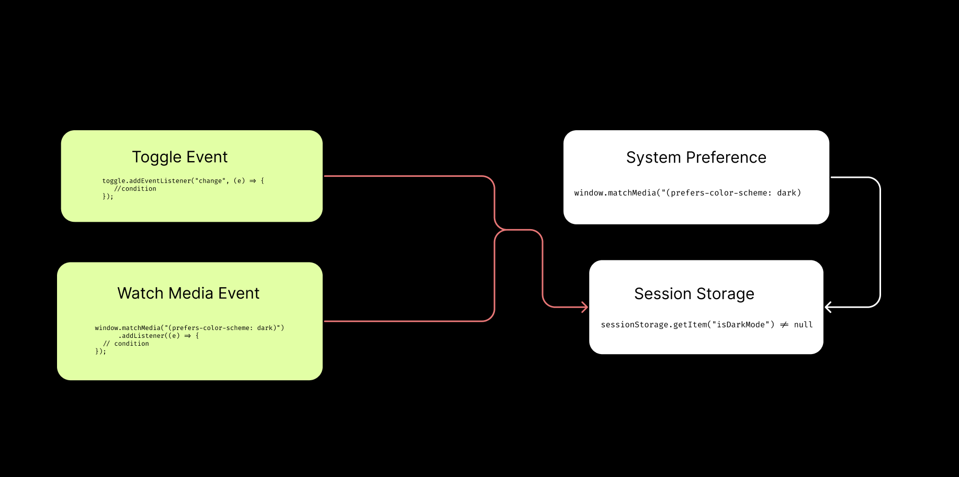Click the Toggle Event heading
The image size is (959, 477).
pyautogui.click(x=179, y=157)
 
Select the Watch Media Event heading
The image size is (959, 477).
pyautogui.click(x=188, y=293)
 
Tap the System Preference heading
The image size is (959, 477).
pyautogui.click(x=696, y=157)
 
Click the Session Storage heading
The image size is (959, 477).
pyautogui.click(x=694, y=294)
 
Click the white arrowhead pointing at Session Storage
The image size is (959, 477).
pyautogui.click(x=828, y=307)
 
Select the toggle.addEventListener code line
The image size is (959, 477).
pyautogui.click(x=183, y=181)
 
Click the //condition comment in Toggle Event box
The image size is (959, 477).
pyautogui.click(x=135, y=189)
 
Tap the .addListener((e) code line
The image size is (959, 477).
pyautogui.click(x=159, y=336)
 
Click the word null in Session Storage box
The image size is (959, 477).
pyautogui.click(x=803, y=325)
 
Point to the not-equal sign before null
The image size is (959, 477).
pyautogui.click(x=784, y=325)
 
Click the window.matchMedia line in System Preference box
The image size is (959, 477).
pyautogui.click(x=687, y=193)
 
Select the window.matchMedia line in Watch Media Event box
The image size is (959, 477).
pyautogui.click(x=189, y=328)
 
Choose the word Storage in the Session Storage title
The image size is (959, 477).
pyautogui.click(x=725, y=294)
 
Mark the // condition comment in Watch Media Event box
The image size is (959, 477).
pyautogui.click(x=126, y=344)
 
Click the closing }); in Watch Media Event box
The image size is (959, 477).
pyautogui.click(x=100, y=351)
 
